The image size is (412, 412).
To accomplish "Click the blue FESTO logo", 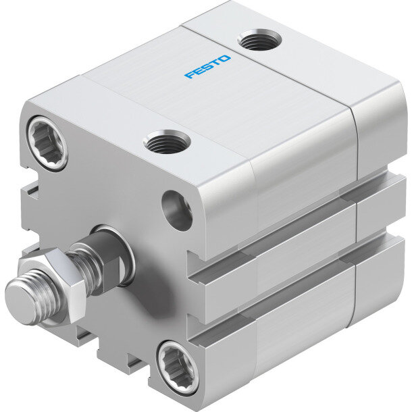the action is [x=207, y=67].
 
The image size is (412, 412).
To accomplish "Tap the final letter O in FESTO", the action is [x=224, y=59].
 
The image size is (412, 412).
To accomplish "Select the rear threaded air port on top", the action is [x=259, y=40].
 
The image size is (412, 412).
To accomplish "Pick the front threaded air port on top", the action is [x=167, y=142].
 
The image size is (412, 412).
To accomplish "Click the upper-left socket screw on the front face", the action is [x=48, y=143].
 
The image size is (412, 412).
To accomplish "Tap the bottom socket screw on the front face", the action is [x=178, y=368].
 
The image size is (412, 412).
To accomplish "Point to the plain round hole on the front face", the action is [x=176, y=211].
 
